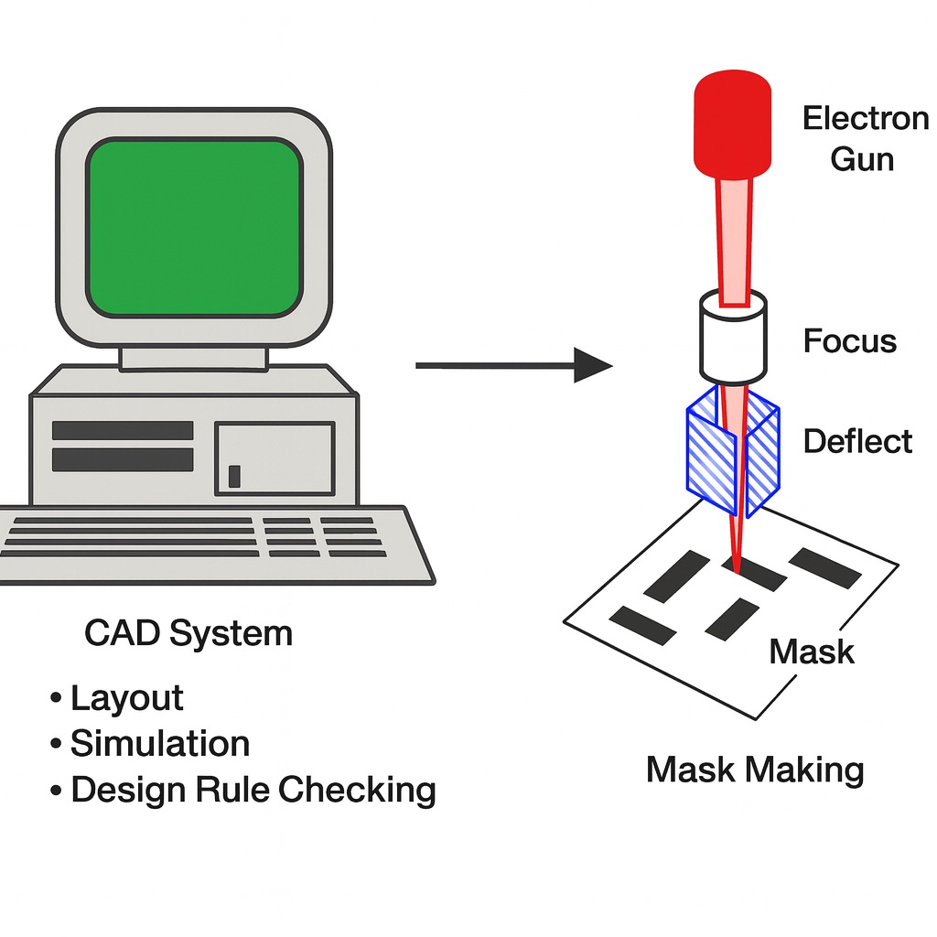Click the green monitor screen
click(194, 228)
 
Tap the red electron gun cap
click(732, 124)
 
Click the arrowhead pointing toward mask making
click(593, 365)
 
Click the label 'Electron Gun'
click(865, 139)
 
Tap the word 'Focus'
click(850, 341)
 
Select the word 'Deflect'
click(857, 442)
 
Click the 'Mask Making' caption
click(755, 770)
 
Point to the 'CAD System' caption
click(188, 633)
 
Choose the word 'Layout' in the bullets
click(126, 698)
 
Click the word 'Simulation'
click(160, 743)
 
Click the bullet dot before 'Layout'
click(56, 698)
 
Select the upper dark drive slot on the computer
click(123, 430)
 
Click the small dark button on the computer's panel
click(234, 476)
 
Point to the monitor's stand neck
click(194, 359)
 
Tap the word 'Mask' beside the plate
click(812, 652)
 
